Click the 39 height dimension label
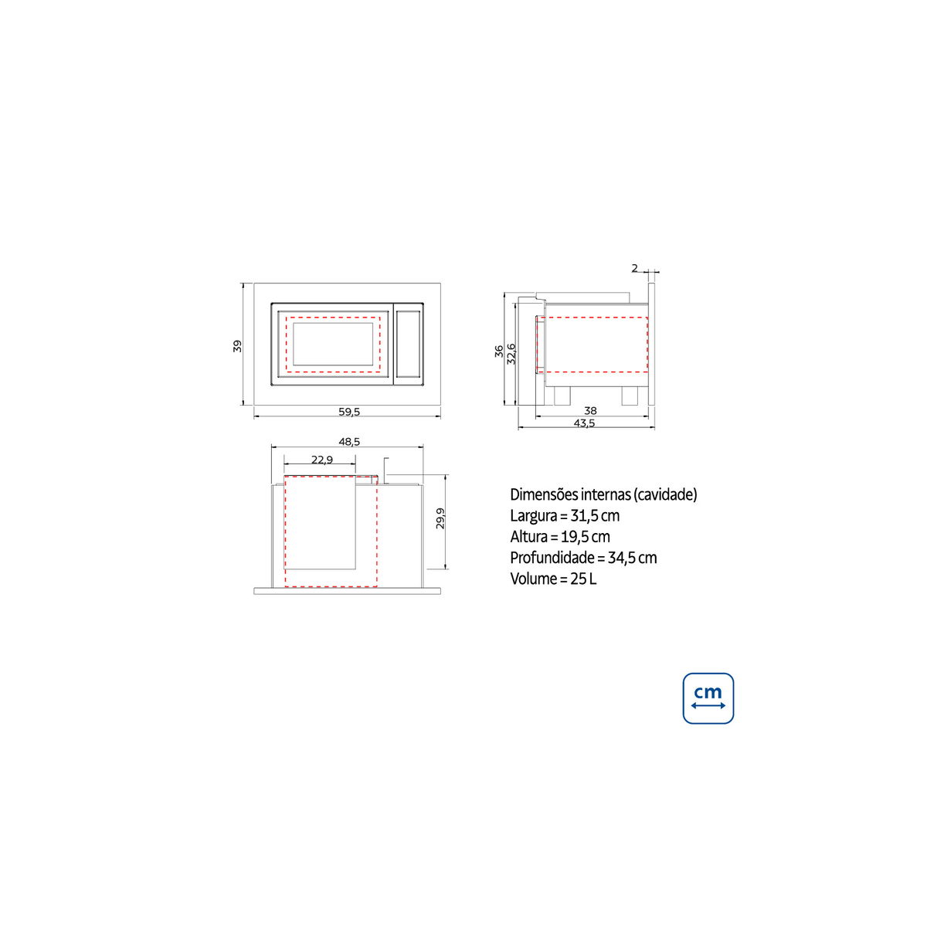pyautogui.click(x=237, y=346)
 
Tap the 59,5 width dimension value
pyautogui.click(x=349, y=412)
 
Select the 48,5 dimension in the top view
pyautogui.click(x=349, y=442)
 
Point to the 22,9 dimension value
pyautogui.click(x=322, y=460)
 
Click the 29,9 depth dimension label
pyautogui.click(x=440, y=518)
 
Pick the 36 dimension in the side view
pyautogui.click(x=499, y=351)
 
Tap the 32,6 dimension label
pyautogui.click(x=511, y=354)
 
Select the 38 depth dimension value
pyautogui.click(x=590, y=410)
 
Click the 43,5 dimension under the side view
pyautogui.click(x=585, y=423)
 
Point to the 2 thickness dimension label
pyautogui.click(x=634, y=268)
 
